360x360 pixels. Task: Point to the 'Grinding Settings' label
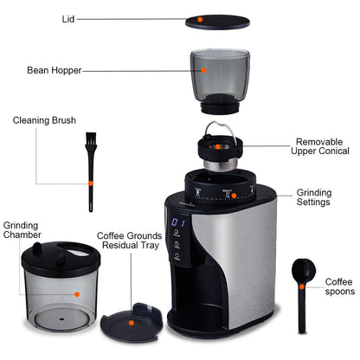pyautogui.click(x=313, y=197)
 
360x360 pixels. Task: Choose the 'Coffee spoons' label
pyautogui.click(x=339, y=286)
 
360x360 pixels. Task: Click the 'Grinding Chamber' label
pyautogui.click(x=21, y=229)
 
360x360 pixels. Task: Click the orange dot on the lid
pyautogui.click(x=201, y=18)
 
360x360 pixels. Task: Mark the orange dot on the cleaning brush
pyautogui.click(x=89, y=183)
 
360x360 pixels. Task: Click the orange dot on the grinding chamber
pyautogui.click(x=76, y=293)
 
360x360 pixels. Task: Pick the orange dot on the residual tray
pyautogui.click(x=131, y=322)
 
